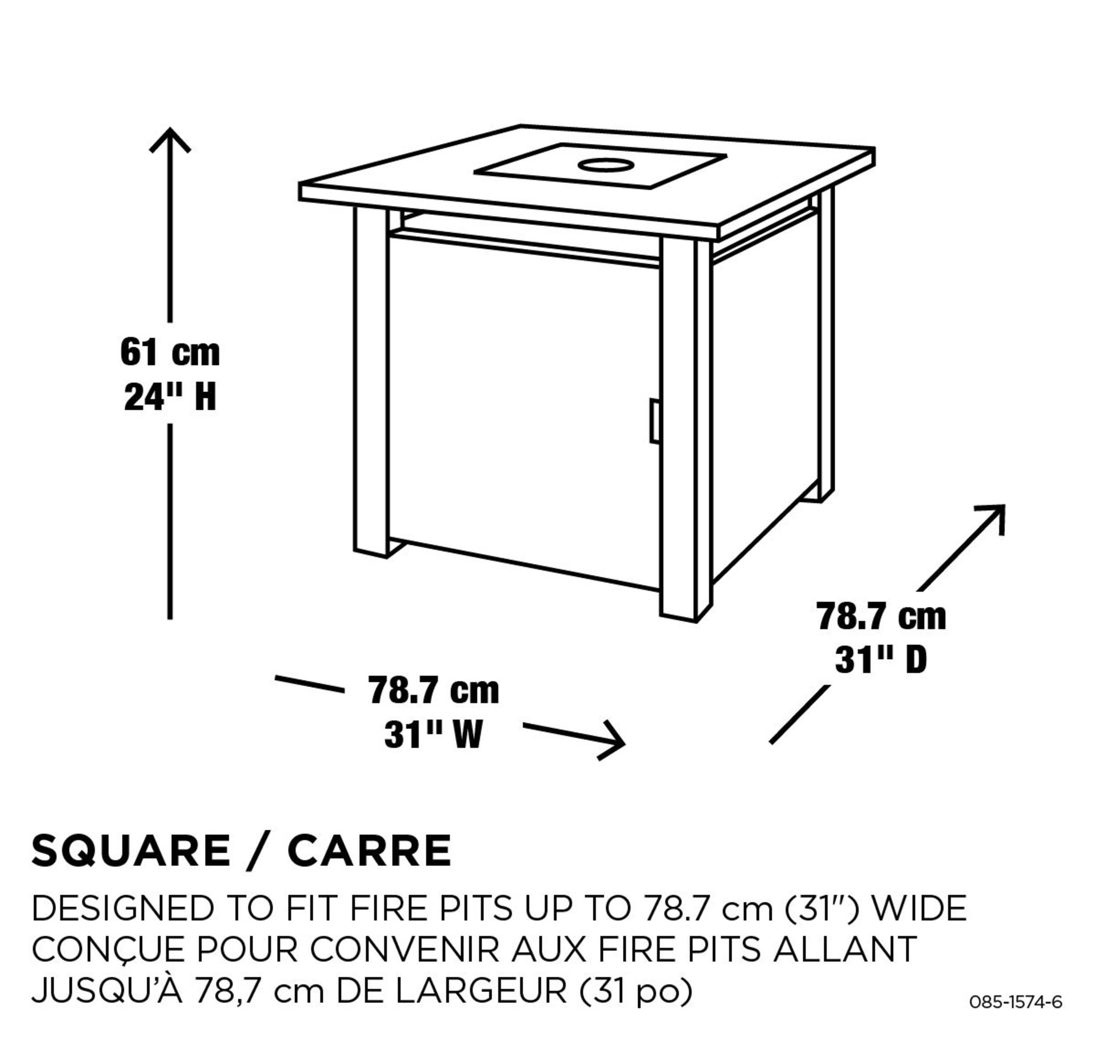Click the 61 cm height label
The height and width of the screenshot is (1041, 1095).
pos(170,352)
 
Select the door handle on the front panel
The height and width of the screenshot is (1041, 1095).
pos(654,421)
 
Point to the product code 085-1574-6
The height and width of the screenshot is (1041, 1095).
pos(1016,1002)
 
